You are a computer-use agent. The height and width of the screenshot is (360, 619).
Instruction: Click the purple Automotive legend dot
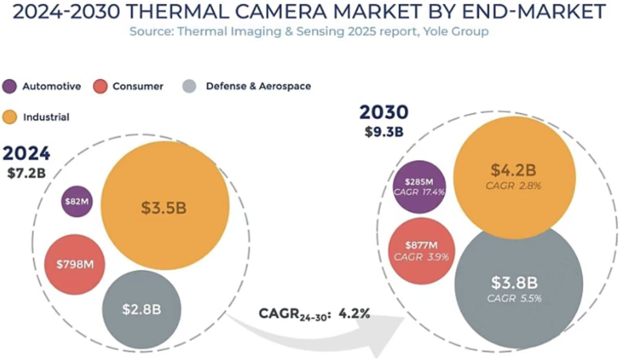tap(10, 87)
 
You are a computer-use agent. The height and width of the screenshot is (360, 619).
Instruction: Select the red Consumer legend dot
tap(100, 87)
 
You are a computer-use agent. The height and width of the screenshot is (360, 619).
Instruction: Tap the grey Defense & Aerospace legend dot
tap(190, 87)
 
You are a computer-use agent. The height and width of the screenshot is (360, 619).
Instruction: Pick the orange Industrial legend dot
tap(10, 117)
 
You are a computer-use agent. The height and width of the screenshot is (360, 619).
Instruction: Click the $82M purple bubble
tap(77, 201)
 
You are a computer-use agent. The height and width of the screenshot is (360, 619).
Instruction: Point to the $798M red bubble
tap(75, 264)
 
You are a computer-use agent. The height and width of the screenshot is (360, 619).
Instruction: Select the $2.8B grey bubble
tap(142, 310)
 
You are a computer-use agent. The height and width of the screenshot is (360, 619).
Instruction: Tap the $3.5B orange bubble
tap(165, 206)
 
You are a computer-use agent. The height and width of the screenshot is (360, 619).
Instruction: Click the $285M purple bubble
tap(419, 187)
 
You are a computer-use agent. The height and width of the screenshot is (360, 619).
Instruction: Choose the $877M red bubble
tap(422, 251)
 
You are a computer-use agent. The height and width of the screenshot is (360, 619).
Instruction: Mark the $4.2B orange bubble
tap(514, 178)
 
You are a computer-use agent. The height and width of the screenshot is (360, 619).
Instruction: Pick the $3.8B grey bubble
tap(519, 285)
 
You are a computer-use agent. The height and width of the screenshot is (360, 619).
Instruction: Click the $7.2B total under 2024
tap(26, 173)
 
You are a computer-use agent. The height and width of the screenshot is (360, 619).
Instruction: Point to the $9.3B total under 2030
tap(384, 131)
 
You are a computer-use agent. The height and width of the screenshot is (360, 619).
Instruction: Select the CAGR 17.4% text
tap(419, 192)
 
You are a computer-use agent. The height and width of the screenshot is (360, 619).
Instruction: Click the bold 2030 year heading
tap(383, 112)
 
